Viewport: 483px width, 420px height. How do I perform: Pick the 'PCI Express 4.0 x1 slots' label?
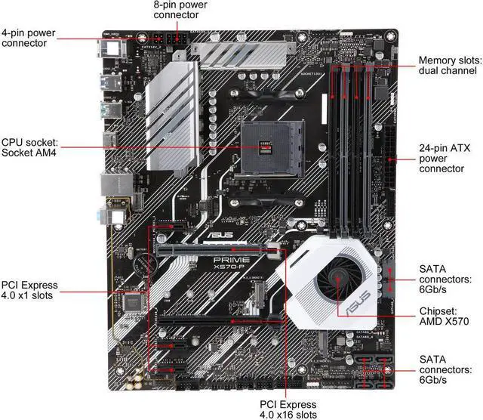[30, 291]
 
